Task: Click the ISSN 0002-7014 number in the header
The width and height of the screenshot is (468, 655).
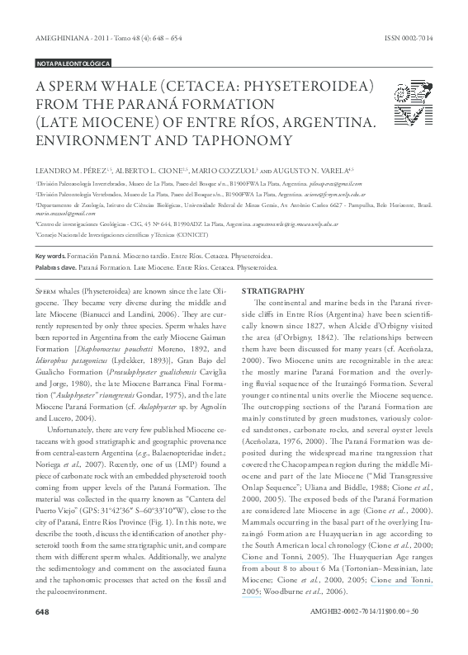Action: click(409, 39)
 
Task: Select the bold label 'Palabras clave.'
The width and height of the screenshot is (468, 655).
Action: click(55, 268)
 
